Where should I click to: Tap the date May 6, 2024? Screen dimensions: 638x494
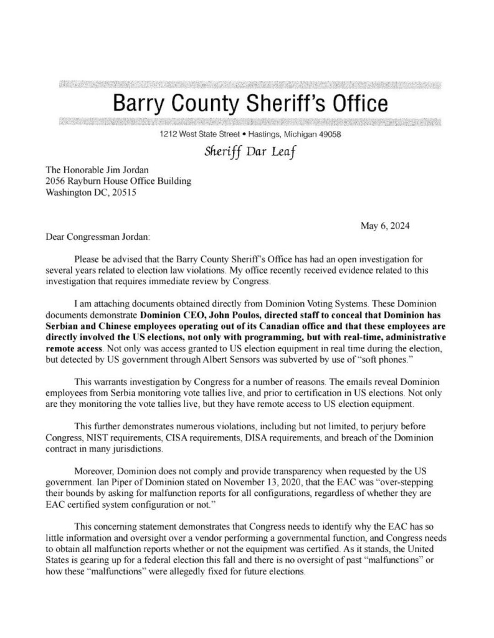(385, 226)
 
